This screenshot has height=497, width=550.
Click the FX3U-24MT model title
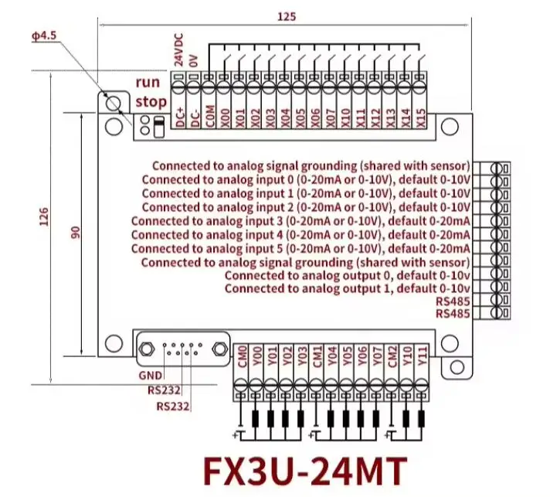305,471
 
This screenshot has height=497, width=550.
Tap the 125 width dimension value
287,16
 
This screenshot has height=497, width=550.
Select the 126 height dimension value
44,216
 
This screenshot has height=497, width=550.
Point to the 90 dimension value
76,233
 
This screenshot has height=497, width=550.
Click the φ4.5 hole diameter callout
44,36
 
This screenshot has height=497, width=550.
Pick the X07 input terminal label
331,118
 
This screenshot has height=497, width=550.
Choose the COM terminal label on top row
210,116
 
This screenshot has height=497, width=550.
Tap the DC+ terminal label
180,117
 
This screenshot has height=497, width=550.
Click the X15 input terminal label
420,118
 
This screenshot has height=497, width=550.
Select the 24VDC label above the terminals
179,49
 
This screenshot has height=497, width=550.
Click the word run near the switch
148,83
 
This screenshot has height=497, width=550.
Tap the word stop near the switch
151,102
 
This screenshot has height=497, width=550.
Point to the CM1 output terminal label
317,356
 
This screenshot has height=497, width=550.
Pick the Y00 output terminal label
257,356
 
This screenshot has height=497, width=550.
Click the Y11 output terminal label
422,356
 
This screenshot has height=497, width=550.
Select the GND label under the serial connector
151,376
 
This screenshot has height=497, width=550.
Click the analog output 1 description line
348,288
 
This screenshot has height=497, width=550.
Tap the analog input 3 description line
300,221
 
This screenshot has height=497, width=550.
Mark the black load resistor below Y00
256,419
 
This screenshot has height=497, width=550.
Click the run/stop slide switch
159,127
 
